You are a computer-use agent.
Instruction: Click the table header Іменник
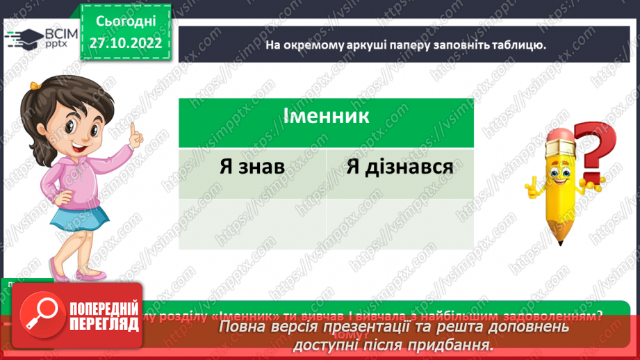click(x=326, y=115)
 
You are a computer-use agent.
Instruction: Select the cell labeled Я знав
click(x=252, y=167)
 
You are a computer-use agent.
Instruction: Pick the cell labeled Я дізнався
click(x=399, y=167)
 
